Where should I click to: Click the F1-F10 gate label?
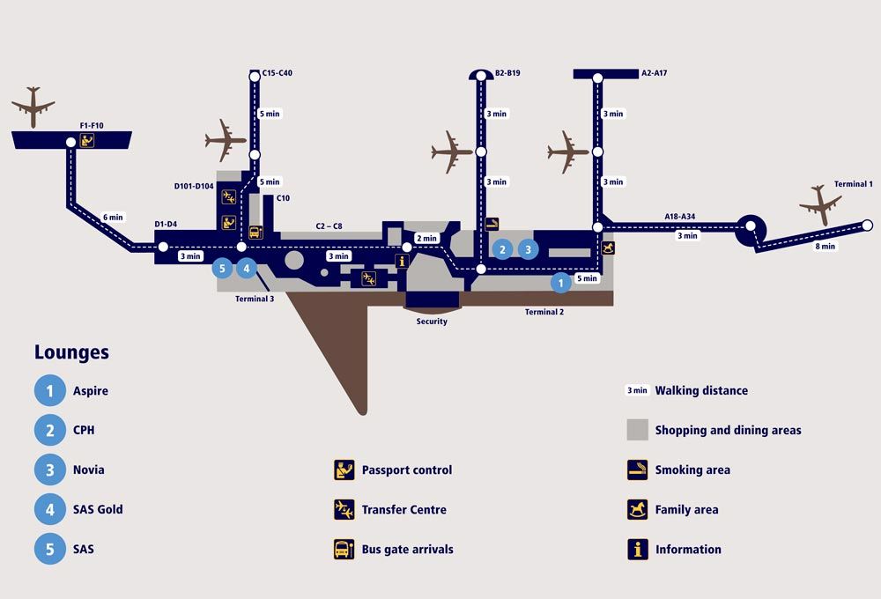coord(92,126)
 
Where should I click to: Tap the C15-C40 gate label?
coord(278,73)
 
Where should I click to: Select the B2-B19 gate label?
coord(507,73)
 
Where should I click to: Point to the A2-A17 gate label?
coord(655,73)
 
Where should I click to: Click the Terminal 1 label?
coord(853,184)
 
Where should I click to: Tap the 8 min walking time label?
coord(825,247)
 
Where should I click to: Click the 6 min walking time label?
coord(114,217)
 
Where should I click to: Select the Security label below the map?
coord(432,322)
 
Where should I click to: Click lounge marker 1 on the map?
coord(560,283)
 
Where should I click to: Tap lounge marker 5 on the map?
coord(223,268)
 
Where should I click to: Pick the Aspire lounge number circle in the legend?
coord(50,390)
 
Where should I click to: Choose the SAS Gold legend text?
coord(98,509)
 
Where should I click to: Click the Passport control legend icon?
coord(344,470)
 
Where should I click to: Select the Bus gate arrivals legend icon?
coord(344,550)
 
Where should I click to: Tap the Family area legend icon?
coord(637,509)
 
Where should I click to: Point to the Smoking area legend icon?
coord(637,470)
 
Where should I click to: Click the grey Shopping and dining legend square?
coord(637,430)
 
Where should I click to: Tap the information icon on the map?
coord(403,261)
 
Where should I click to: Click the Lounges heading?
coord(71,352)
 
